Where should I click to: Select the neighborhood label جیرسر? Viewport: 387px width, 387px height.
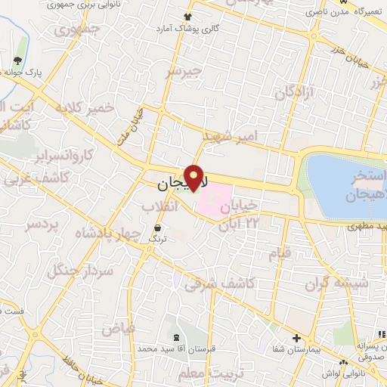pyautogui.click(x=185, y=72)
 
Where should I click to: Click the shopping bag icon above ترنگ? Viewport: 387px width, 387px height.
pyautogui.click(x=157, y=227)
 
